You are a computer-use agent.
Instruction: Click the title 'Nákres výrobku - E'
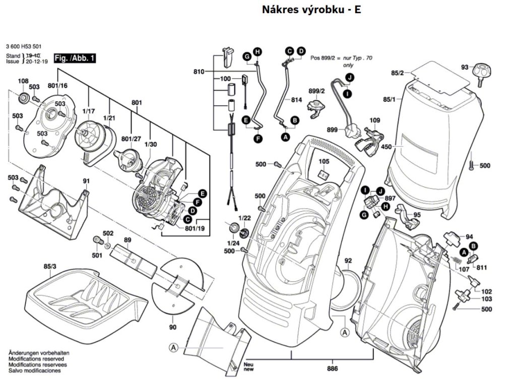[311, 10]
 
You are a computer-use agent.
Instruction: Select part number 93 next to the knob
[464, 67]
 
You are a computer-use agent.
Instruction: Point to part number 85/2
[397, 74]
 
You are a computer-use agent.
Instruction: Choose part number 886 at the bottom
[332, 368]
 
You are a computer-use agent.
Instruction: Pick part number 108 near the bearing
[23, 81]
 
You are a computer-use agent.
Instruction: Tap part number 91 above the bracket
[86, 181]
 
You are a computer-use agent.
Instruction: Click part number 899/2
[316, 91]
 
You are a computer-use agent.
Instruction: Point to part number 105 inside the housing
[324, 161]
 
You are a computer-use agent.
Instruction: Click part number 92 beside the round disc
[348, 261]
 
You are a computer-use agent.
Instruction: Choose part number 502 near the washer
[108, 233]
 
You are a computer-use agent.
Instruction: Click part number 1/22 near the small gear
[244, 218]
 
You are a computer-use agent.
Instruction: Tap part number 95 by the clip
[417, 215]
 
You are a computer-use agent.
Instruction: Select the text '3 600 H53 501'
[24, 45]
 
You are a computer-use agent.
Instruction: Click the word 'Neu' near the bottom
[247, 364]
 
